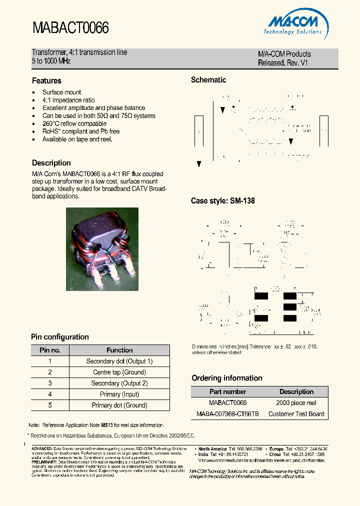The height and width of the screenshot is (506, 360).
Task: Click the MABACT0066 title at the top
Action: (70, 28)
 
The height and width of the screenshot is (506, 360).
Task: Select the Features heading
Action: (46, 80)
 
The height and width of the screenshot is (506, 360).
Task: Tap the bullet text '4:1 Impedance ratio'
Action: (68, 100)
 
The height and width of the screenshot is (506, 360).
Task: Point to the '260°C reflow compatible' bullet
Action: (74, 123)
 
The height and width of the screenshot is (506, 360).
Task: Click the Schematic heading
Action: (208, 80)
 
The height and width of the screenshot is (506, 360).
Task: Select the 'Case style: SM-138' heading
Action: (222, 201)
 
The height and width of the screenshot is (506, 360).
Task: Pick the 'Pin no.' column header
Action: (50, 350)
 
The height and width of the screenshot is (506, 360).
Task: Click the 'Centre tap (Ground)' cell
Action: (119, 372)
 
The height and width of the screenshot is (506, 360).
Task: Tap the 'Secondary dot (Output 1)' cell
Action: (119, 361)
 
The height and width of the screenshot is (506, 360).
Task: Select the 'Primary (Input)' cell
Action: (119, 394)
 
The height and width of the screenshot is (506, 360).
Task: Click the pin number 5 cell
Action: (50, 405)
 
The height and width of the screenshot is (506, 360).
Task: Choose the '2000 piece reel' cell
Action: (296, 403)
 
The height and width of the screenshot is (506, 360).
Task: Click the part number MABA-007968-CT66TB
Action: (227, 414)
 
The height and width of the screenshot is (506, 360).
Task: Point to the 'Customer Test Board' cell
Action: (296, 414)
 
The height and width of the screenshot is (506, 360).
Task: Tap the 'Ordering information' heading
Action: (226, 378)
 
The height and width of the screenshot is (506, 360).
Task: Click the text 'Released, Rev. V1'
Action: (283, 63)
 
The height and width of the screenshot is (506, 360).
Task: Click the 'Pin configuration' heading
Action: (60, 337)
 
